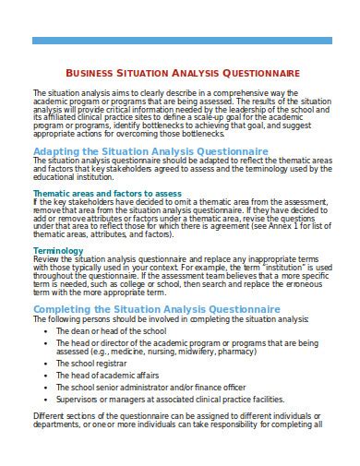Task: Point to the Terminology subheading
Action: (x=58, y=250)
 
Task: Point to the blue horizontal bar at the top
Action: (x=179, y=41)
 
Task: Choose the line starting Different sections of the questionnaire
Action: (x=177, y=417)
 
